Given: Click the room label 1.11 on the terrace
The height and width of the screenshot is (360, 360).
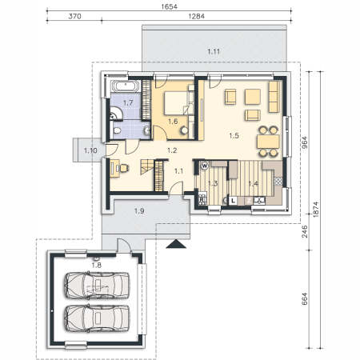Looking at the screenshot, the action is [214, 51].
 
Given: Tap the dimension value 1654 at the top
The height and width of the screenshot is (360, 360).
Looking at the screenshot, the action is [169, 6].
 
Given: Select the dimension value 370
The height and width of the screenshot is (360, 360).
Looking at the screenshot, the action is [74, 16].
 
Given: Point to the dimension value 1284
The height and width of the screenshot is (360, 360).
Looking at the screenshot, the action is [196, 16].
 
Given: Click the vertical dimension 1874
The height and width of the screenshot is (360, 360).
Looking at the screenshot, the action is [316, 210].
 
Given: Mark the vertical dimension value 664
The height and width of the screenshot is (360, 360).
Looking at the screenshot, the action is [305, 299].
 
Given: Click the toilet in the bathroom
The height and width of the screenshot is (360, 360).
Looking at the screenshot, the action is [117, 130].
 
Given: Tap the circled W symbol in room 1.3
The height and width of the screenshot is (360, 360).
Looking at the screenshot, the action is [205, 166].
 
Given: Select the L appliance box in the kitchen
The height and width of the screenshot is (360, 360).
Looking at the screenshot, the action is [233, 201].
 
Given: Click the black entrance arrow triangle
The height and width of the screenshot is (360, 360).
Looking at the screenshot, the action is [176, 244].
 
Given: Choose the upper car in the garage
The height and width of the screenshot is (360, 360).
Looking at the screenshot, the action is [97, 286].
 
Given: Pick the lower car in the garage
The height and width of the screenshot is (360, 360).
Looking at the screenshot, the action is [97, 318].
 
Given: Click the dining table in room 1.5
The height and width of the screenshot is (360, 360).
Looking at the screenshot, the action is [268, 142].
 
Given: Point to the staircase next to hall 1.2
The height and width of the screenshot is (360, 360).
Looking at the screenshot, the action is [147, 166].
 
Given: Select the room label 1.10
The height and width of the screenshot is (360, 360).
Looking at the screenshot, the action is [90, 150].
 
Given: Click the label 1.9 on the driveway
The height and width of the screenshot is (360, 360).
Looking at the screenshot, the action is [139, 211].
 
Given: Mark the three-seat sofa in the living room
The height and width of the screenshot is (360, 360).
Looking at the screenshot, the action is [274, 97].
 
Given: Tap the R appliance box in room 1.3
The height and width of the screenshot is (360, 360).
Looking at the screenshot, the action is [202, 199].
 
